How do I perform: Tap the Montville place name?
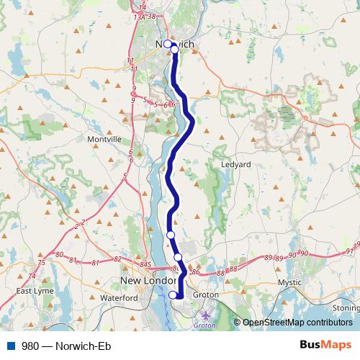point(104,139)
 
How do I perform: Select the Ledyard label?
point(235,164)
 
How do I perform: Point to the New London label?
point(147,281)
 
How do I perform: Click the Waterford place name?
point(119,297)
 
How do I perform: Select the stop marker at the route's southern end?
point(173,294)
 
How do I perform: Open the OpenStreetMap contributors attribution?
point(298,323)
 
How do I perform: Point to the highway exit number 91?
point(350,251)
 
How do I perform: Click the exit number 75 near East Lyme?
point(41,264)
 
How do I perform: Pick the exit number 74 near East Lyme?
point(31,276)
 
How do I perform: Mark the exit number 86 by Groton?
point(194,272)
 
